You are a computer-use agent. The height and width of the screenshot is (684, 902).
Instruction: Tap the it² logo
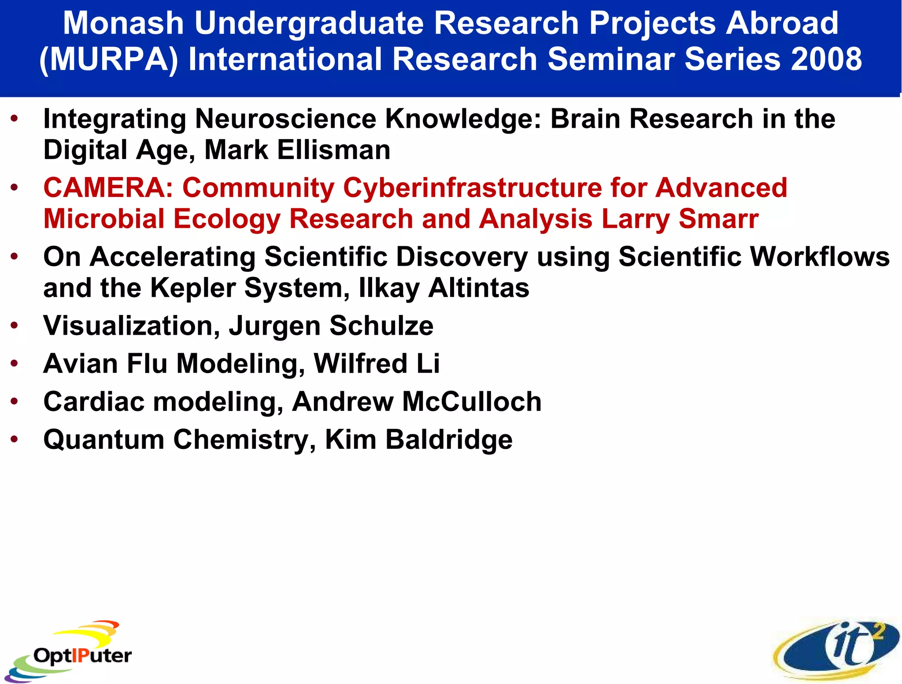pos(837,650)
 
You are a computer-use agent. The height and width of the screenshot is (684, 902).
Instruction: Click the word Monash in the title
pos(123,23)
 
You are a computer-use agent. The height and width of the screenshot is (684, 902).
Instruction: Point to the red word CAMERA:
pos(108,188)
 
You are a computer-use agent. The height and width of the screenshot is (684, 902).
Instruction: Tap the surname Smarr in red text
pos(718,219)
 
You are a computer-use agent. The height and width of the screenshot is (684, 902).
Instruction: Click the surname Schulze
pos(381,326)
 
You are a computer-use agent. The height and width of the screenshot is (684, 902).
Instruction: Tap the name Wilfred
pos(360,364)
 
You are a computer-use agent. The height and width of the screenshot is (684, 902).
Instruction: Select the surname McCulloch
pos(472,402)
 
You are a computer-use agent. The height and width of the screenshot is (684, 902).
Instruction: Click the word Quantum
pos(104,440)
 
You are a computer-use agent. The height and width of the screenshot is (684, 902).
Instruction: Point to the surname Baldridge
pos(449,440)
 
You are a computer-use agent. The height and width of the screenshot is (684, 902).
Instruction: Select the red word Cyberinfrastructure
pos(472,188)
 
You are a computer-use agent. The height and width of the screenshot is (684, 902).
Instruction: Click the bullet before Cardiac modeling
pos(15,402)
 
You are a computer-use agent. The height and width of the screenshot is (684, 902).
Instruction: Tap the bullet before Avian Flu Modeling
pos(15,364)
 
